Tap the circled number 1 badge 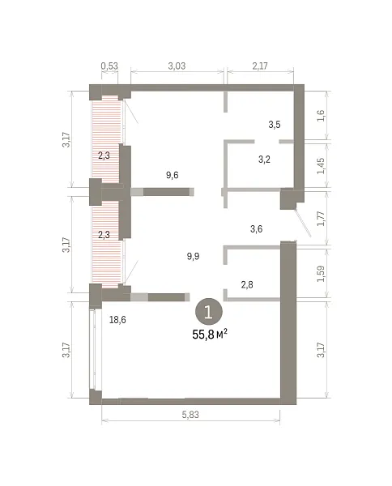coord(208,312)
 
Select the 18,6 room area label coord(117,320)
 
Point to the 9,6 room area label coord(172,175)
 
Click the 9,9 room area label coord(193,256)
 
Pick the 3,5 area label coord(275,125)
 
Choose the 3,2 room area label coord(264,160)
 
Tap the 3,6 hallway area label coord(256,229)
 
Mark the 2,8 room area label coord(247,284)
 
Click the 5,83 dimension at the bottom coord(190,415)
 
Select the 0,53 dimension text coord(109,66)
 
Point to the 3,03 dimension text coord(177,66)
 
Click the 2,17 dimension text coord(260,66)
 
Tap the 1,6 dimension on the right coord(321,116)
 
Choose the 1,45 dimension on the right coord(321,166)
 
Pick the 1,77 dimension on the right coord(321,218)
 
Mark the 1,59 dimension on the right coord(321,274)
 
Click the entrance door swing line coord(303,222)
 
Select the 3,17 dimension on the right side coord(321,350)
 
